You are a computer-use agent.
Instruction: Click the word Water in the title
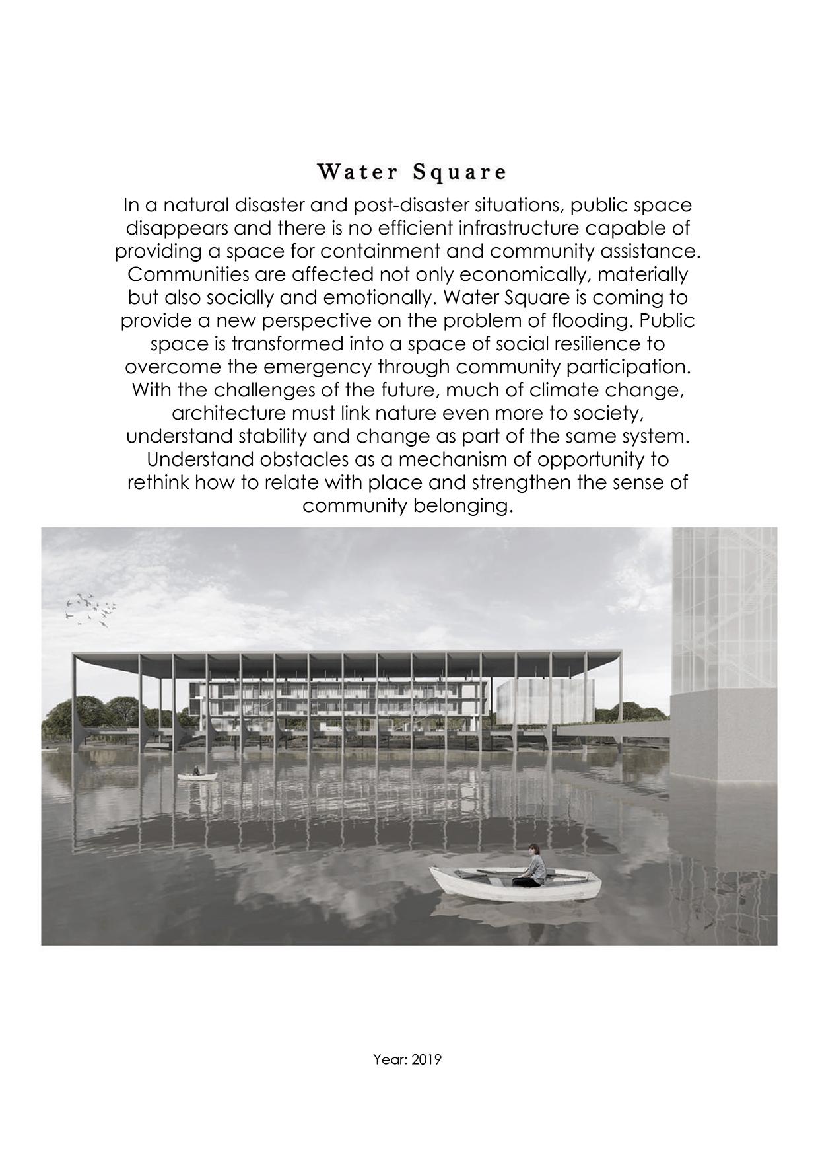click(358, 172)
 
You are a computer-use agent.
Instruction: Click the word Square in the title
click(460, 172)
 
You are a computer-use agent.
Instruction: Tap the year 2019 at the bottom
click(426, 1060)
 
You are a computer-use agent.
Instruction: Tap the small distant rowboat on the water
click(197, 776)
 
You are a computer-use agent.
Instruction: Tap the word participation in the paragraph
click(624, 367)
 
